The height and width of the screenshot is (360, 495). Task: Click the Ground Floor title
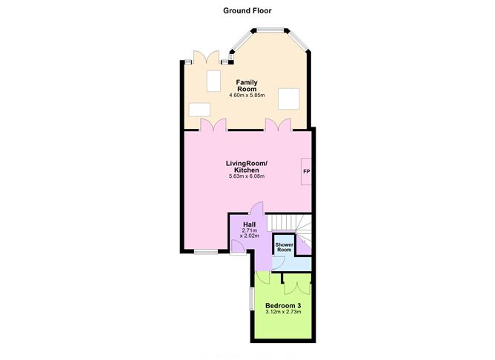tap(247, 10)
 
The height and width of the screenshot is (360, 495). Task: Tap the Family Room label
tap(247, 85)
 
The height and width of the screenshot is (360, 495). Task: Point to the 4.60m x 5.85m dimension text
tap(247, 95)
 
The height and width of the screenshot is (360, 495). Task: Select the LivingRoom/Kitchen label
tap(247, 167)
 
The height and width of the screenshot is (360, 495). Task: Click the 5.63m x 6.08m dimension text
tap(247, 176)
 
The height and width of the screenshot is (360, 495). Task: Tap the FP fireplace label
tap(306, 172)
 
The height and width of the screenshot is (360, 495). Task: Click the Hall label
tap(250, 224)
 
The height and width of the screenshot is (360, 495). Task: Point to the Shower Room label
tap(284, 247)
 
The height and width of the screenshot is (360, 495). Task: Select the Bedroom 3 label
tap(283, 305)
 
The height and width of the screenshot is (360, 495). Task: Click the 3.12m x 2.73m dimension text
tap(283, 312)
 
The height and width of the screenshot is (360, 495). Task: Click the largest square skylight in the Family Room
tap(288, 99)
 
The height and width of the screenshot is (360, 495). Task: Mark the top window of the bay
tap(270, 30)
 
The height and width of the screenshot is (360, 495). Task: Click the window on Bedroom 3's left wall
tap(252, 299)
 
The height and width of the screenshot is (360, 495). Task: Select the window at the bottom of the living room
tap(206, 252)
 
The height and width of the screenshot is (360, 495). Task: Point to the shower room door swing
tap(279, 262)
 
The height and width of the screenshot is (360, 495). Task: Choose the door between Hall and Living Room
tap(256, 208)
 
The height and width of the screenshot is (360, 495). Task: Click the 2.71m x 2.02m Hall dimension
tap(250, 233)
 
